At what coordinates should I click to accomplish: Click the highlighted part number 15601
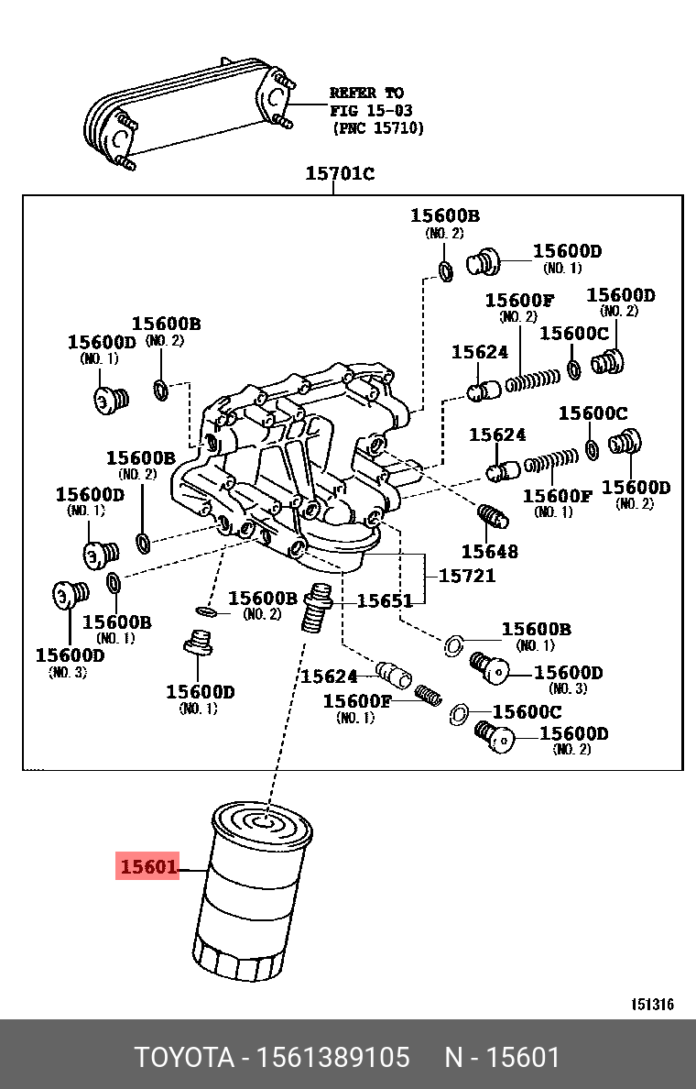point(147,866)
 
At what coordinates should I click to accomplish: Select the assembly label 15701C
point(339,174)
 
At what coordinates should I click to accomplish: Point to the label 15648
point(489,551)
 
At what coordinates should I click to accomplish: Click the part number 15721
point(467,576)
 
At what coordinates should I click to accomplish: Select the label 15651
point(385,601)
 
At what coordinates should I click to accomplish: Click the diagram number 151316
point(651,1005)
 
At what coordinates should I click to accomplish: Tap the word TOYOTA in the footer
point(184,1058)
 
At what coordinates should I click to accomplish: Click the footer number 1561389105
point(334,1058)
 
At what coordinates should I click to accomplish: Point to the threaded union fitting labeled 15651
point(317,606)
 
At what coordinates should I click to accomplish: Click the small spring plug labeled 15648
point(492,518)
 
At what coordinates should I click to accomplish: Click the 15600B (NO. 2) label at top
point(444,216)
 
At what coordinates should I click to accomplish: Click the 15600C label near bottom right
point(527,712)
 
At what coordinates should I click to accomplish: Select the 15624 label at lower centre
point(328,676)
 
